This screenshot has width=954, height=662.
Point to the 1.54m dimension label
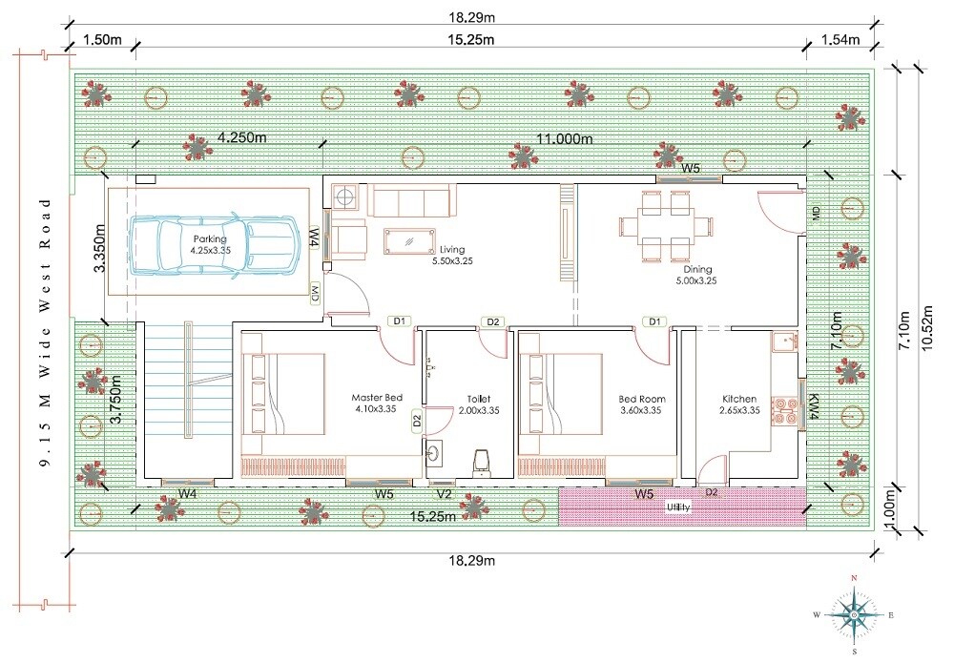coord(840,39)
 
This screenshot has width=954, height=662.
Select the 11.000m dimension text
coord(565,138)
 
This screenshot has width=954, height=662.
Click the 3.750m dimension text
coord(115,405)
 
